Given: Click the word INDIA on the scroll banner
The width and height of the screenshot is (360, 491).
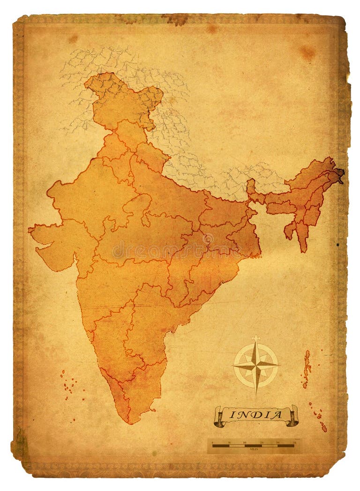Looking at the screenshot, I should [x=256, y=415].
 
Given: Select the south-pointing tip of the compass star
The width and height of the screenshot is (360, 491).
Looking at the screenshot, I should [x=256, y=392].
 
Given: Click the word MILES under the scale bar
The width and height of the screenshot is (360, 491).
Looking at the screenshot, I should [x=254, y=449].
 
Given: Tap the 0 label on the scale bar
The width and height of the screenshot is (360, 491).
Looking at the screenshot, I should [x=212, y=442].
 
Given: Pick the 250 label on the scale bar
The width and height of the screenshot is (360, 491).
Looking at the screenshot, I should [x=294, y=442].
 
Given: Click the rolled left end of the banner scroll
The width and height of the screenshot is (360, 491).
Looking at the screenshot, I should [x=219, y=416].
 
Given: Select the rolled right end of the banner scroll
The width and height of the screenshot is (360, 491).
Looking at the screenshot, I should [x=292, y=415].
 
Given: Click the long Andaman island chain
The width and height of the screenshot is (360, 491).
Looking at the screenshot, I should [x=307, y=368].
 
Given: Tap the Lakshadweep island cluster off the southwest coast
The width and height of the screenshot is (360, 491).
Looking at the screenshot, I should [x=68, y=382].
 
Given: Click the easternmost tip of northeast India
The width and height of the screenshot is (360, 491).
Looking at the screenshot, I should [x=342, y=174].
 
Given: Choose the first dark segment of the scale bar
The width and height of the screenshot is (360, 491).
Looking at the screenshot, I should [x=221, y=446].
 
